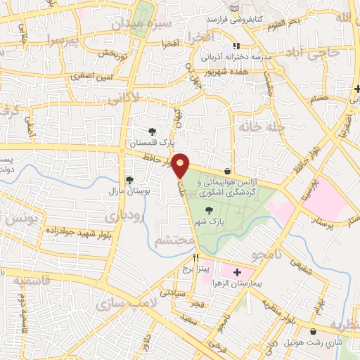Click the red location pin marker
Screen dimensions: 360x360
(x=181, y=165)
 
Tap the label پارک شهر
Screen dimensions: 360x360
(x=210, y=221)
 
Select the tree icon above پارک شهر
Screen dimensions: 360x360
(x=209, y=210)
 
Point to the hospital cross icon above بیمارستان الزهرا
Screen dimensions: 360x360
(x=236, y=271)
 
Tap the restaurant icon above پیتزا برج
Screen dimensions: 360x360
(x=186, y=258)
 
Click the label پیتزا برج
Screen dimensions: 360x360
(x=188, y=269)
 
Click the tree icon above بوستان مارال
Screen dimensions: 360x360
(x=129, y=179)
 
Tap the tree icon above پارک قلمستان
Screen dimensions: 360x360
(x=153, y=131)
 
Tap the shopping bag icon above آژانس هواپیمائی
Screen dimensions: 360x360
(x=226, y=171)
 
